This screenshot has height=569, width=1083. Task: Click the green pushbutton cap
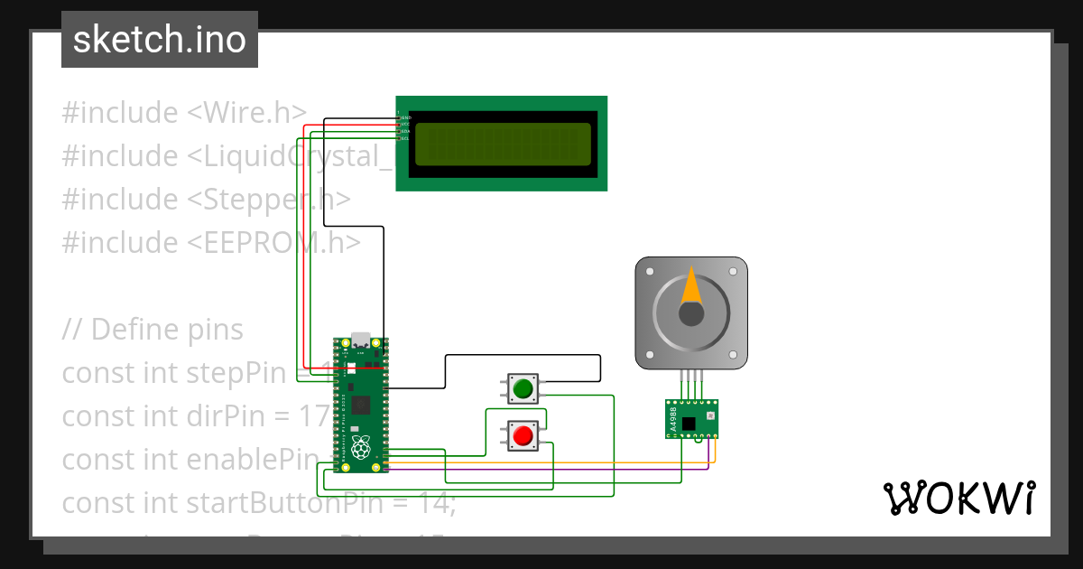pos(523,389)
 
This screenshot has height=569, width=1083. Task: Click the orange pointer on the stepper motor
pos(690,286)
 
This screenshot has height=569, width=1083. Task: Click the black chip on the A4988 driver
pos(690,422)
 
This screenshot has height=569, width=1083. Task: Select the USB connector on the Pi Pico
pos(361,340)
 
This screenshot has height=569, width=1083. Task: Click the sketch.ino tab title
pos(159,40)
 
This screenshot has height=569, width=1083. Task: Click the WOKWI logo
pos(958,498)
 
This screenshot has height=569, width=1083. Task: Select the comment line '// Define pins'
pos(153,329)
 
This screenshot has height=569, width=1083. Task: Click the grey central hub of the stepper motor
pos(691,313)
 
